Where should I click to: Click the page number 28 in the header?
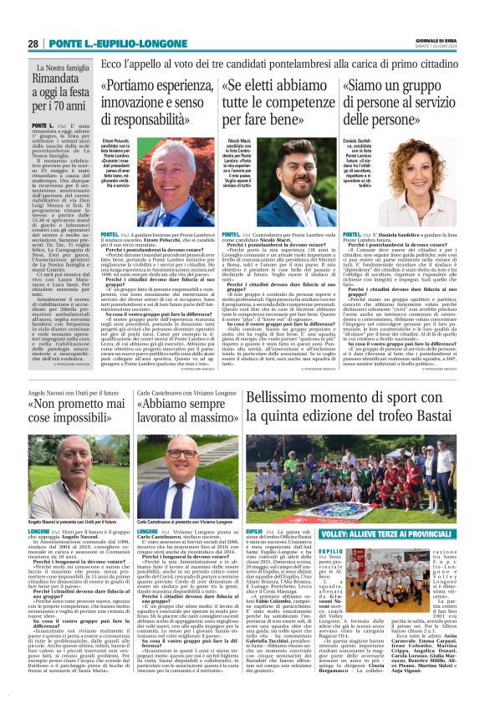tap(33, 43)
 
